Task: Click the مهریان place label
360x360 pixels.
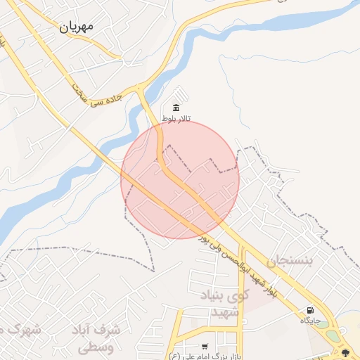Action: click(86, 26)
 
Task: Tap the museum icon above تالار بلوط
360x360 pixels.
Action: click(175, 108)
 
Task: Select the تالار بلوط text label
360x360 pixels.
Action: click(176, 119)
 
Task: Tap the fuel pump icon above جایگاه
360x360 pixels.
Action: click(310, 310)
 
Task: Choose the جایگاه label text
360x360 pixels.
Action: click(310, 321)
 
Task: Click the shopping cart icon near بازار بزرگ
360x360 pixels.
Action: click(205, 347)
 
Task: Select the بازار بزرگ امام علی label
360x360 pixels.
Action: click(204, 356)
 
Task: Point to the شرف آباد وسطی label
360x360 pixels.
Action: click(96, 337)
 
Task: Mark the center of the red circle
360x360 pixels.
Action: click(180, 179)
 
